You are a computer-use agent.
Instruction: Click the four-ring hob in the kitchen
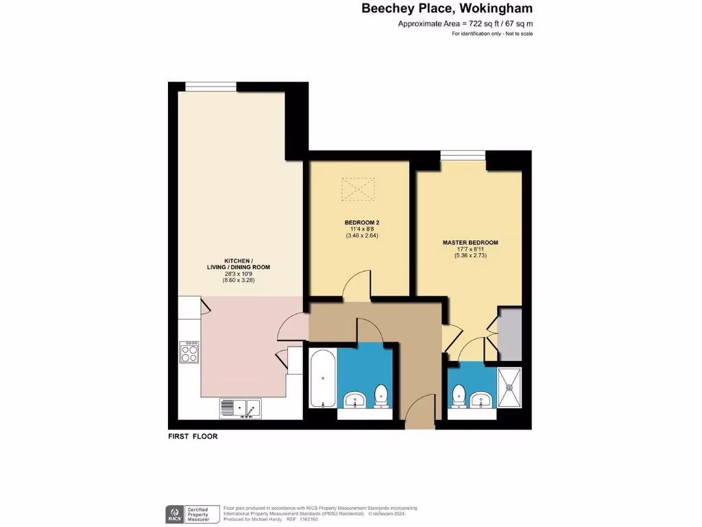point(189,353)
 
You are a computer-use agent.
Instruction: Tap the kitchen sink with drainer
point(240,408)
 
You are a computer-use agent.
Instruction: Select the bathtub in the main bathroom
point(322,378)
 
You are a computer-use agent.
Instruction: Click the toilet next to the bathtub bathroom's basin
point(381,395)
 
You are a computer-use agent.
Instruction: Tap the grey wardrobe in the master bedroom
point(509,334)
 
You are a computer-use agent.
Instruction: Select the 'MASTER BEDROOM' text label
point(470,243)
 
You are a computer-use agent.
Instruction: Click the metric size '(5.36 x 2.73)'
point(470,256)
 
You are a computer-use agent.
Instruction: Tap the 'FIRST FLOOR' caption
point(193,436)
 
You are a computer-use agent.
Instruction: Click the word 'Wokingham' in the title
point(498,9)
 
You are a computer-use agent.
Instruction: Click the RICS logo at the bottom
point(173,514)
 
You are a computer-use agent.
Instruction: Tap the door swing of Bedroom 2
point(358,285)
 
